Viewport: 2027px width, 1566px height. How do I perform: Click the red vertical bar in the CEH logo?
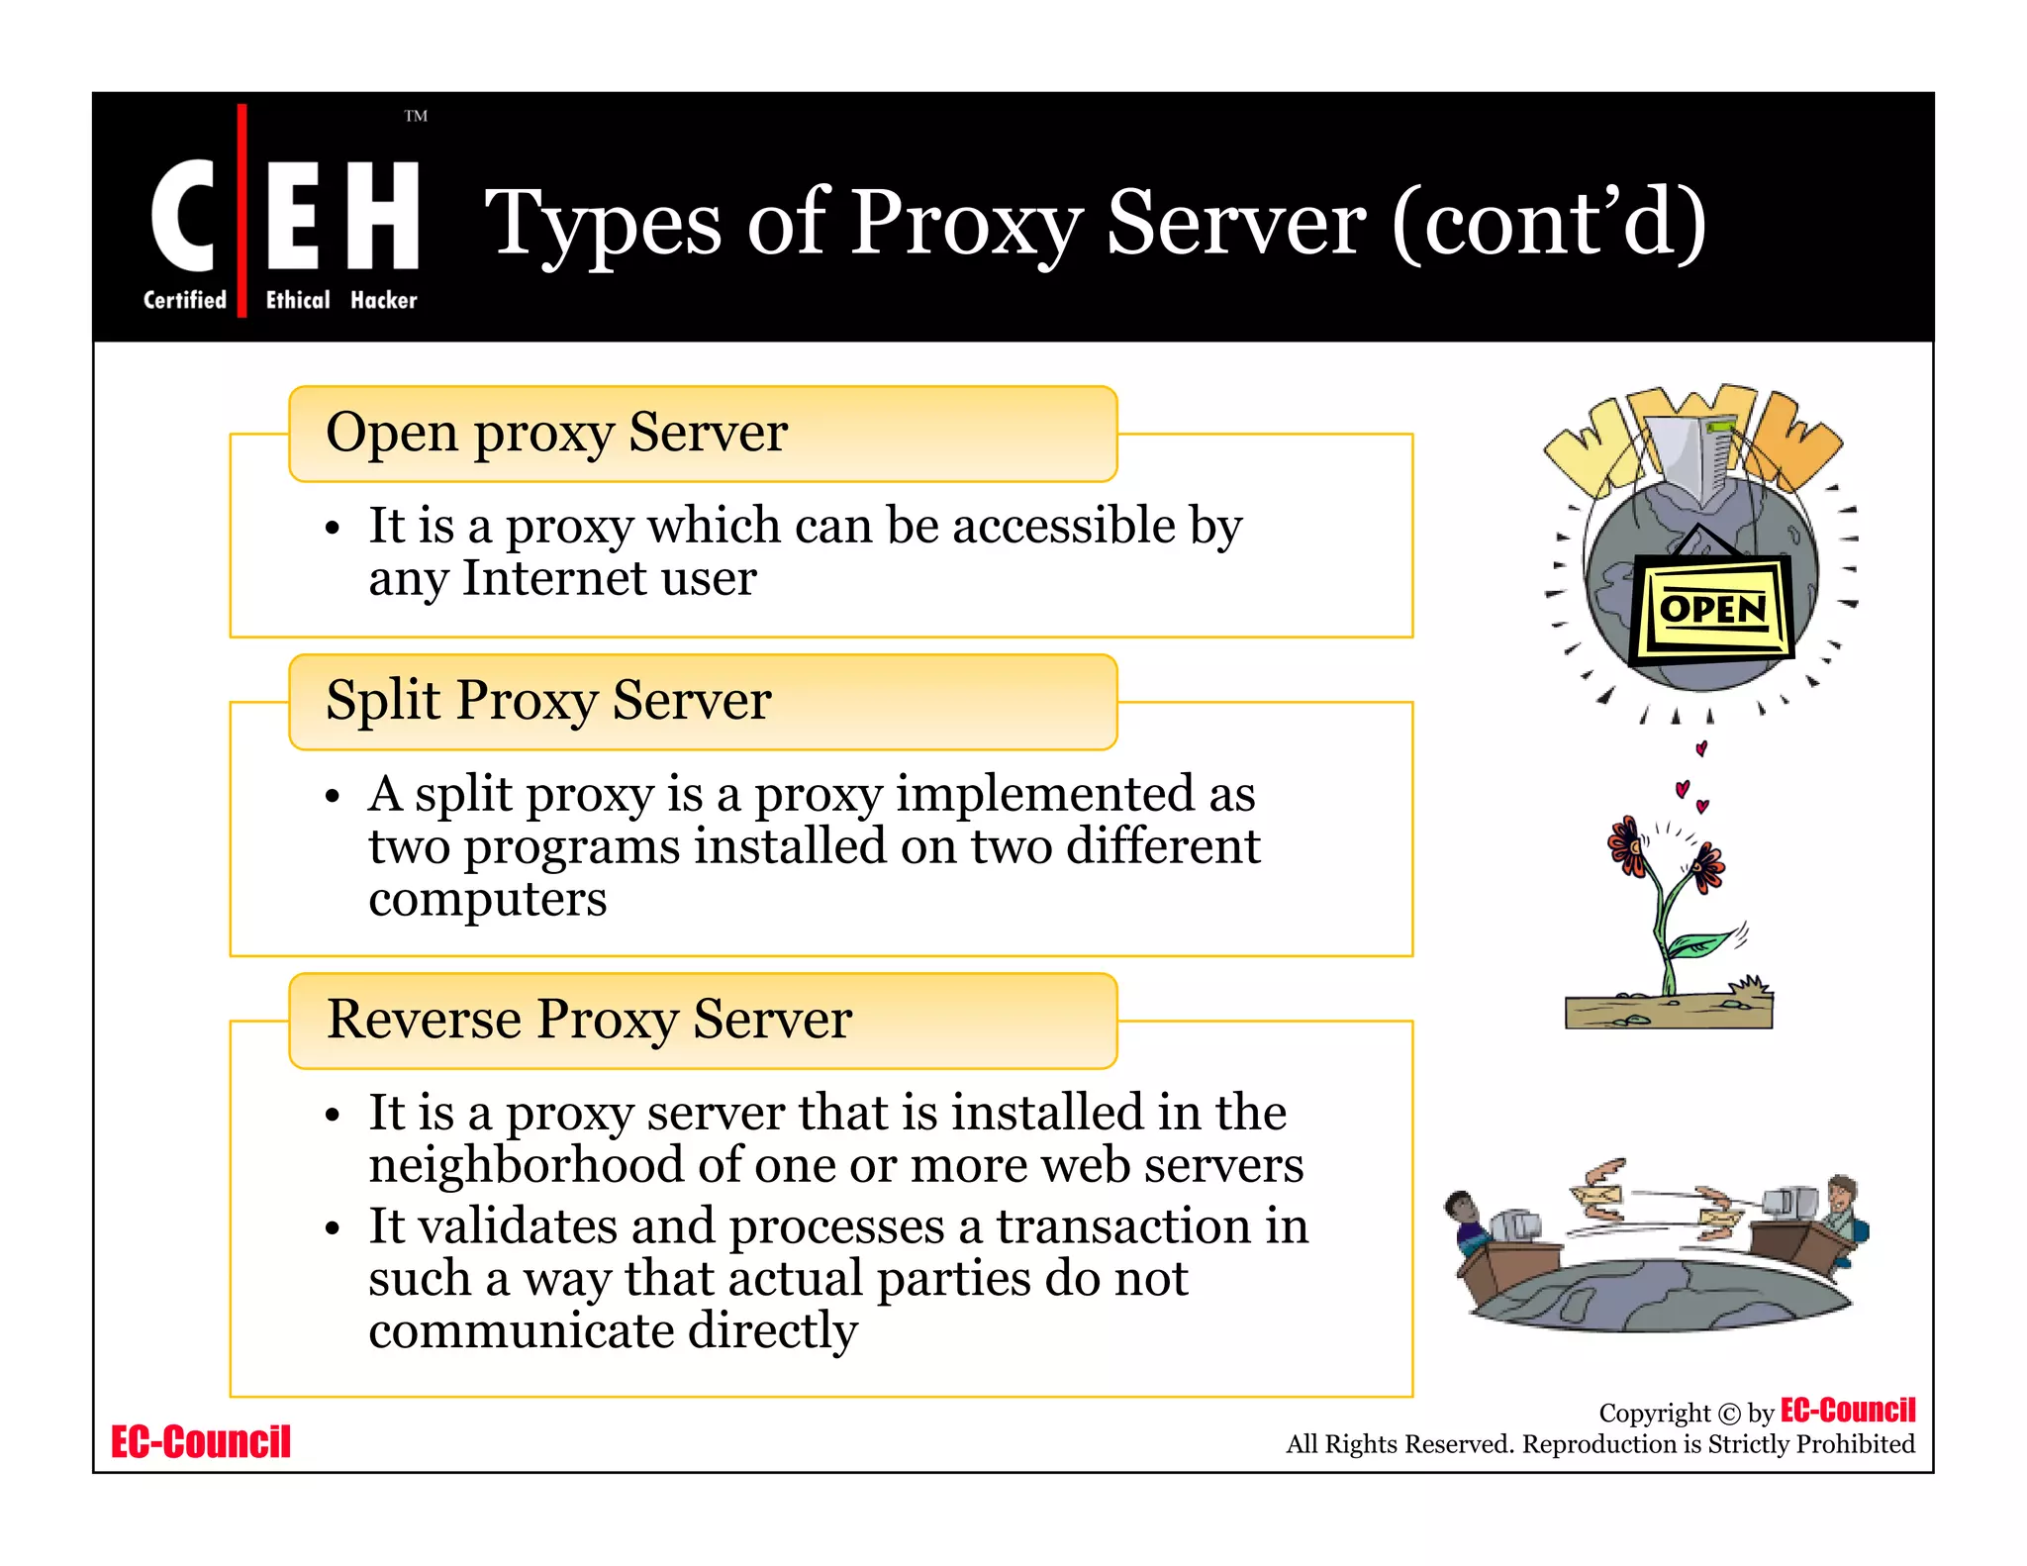242,210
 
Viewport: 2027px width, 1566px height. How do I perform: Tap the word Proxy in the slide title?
965,224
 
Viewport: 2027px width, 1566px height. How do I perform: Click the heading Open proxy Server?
556,433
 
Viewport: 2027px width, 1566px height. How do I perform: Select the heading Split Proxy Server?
548,701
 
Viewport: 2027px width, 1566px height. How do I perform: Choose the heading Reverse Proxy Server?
589,1020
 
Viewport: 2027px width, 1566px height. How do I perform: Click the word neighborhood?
526,1165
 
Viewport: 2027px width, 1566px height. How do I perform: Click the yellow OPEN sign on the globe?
1712,608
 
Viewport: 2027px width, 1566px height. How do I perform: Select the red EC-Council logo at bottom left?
201,1442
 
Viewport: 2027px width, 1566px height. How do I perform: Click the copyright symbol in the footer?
1728,1414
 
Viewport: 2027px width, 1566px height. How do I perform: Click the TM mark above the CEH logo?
416,116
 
